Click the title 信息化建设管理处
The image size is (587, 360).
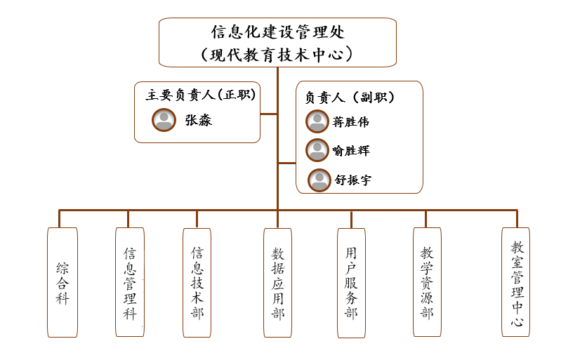point(277,32)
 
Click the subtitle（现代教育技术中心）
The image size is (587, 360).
point(277,55)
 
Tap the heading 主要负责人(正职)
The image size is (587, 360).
point(201,95)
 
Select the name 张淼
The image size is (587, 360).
point(199,120)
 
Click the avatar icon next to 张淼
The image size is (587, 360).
point(164,120)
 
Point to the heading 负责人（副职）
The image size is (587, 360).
point(350,98)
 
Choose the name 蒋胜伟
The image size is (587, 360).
point(350,121)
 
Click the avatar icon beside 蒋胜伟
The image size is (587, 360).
point(317,121)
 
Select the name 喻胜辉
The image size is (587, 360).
point(351,150)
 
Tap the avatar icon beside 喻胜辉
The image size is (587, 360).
point(317,150)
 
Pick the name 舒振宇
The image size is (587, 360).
point(352,180)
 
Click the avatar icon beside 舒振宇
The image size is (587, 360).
point(319,180)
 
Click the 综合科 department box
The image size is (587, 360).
point(62,283)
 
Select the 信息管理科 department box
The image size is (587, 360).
point(130,282)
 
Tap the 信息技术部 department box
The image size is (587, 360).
point(197,283)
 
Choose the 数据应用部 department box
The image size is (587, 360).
point(278,283)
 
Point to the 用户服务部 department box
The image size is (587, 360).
point(351,283)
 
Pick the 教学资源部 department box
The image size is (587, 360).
point(427,282)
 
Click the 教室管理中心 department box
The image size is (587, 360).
point(516,282)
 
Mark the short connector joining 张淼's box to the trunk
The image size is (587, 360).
point(268,114)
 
